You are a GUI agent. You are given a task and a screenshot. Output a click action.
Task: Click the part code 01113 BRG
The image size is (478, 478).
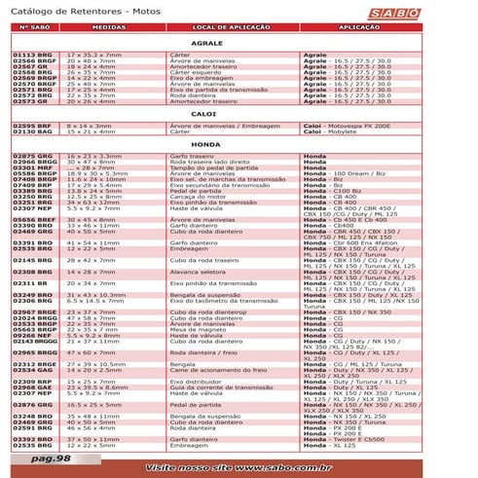[30, 55]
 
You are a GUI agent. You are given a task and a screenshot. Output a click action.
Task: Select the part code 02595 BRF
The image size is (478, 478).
[30, 126]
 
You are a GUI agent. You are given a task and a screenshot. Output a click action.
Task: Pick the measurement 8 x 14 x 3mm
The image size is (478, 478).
[92, 126]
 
